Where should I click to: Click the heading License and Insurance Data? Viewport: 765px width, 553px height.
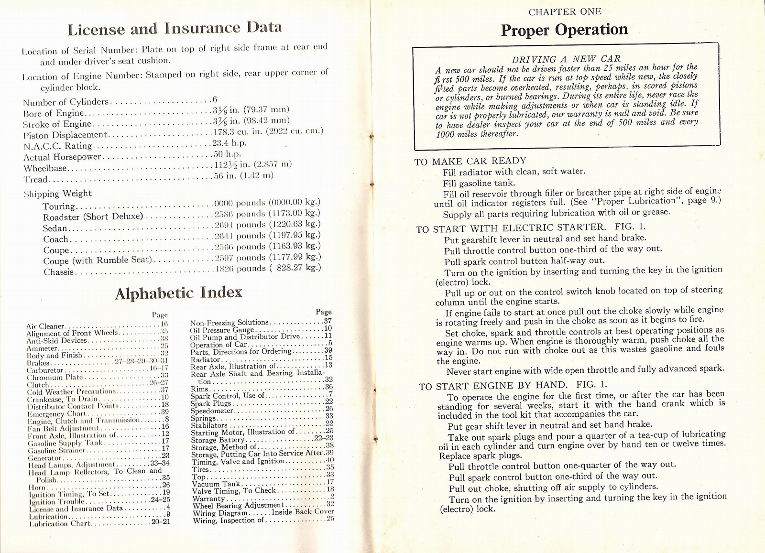tap(175, 29)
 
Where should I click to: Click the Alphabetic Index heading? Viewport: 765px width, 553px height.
tap(178, 293)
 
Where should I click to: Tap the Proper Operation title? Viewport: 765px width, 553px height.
tap(564, 30)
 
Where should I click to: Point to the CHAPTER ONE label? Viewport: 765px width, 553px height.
tap(564, 11)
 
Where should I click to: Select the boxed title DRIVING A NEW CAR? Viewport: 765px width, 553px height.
tap(566, 59)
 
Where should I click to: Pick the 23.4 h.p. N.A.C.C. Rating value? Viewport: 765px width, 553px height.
tap(229, 143)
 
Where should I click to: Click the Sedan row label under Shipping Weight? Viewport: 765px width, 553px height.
tap(55, 228)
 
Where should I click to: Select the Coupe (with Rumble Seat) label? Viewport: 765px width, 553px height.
tap(97, 260)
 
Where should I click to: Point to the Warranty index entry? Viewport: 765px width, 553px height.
tap(208, 498)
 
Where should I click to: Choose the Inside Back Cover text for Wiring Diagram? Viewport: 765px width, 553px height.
tap(303, 511)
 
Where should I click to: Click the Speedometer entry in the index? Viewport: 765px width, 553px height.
tap(212, 411)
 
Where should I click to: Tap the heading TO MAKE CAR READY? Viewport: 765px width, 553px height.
tap(470, 161)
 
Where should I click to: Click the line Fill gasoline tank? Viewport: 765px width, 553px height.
tap(479, 183)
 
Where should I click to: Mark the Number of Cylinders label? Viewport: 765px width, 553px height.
tap(66, 102)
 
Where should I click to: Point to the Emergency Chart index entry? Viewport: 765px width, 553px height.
tap(57, 413)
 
